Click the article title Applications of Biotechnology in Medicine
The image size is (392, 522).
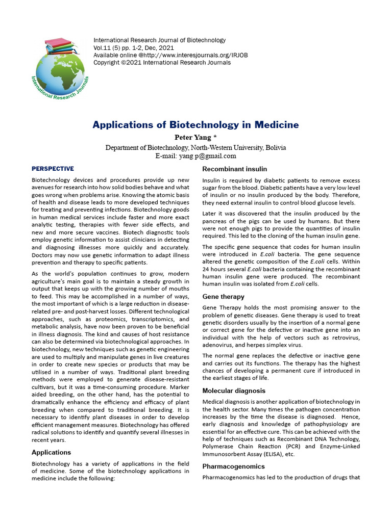(195, 125)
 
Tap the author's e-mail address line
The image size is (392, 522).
(195, 156)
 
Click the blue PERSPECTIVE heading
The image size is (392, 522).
(53, 169)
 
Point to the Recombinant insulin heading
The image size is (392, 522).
(234, 169)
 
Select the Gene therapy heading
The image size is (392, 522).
(223, 296)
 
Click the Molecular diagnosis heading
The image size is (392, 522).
(234, 390)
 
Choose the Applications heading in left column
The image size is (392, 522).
(52, 452)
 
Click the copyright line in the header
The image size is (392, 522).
(162, 63)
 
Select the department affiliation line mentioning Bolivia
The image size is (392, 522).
(195, 147)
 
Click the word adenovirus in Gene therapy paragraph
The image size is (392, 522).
(219, 345)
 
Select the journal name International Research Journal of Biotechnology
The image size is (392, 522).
(159, 40)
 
